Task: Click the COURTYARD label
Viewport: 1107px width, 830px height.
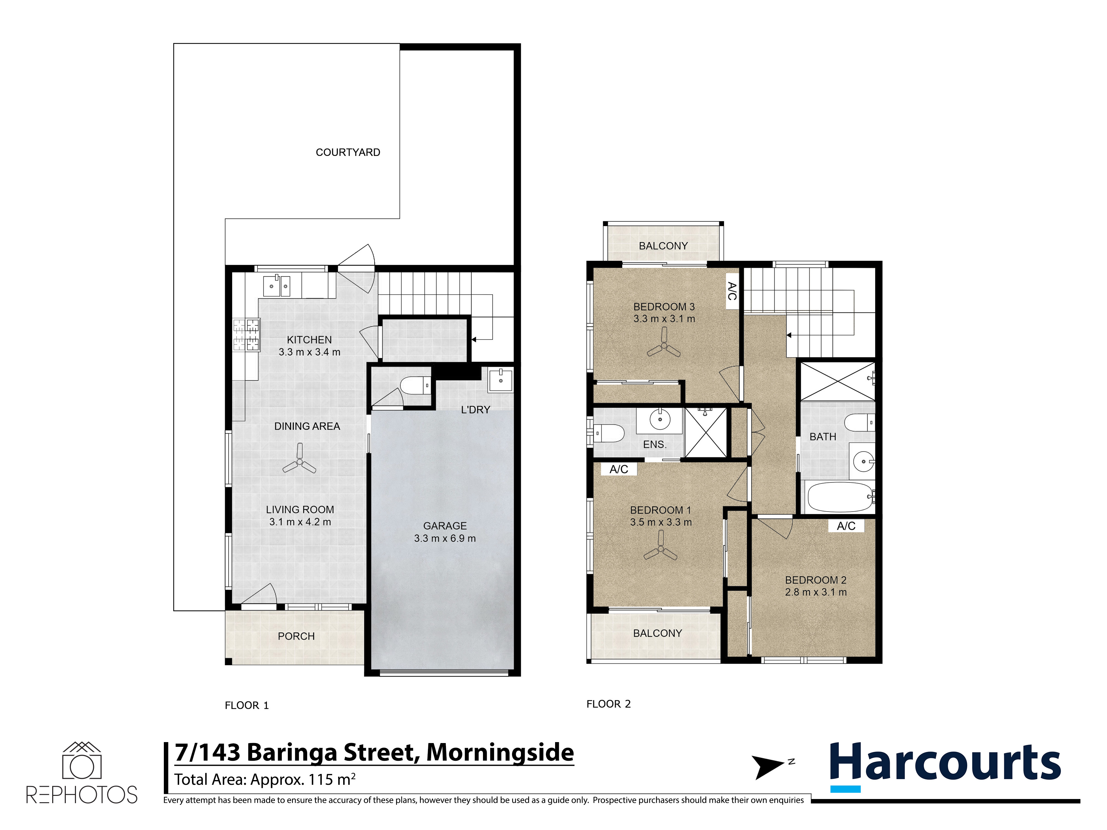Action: pos(348,152)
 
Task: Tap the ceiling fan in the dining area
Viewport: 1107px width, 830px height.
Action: pos(299,459)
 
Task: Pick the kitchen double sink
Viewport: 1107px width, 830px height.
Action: pos(277,286)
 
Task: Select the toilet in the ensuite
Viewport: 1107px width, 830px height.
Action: pos(609,433)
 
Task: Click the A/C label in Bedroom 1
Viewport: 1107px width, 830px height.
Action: pos(619,469)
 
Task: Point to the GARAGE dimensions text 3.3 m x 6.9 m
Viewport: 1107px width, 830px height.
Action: pos(445,538)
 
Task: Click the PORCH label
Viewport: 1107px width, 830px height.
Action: pos(296,636)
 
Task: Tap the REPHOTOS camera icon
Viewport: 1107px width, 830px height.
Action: pos(82,760)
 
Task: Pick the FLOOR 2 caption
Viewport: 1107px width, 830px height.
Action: pos(609,704)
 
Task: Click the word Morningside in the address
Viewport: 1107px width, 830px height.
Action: pos(500,753)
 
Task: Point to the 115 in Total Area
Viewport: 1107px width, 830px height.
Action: pos(321,779)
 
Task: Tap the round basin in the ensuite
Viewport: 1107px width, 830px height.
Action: pos(660,419)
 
